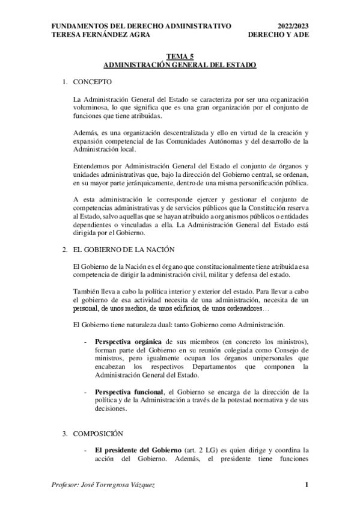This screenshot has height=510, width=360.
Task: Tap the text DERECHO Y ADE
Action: (281, 35)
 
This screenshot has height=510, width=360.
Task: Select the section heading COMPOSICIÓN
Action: (98, 433)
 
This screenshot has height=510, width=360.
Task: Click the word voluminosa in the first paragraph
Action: (90, 107)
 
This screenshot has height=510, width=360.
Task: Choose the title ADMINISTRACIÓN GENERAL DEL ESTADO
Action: (180, 64)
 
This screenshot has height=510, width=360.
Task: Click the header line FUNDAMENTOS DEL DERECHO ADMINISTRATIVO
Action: (142, 26)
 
